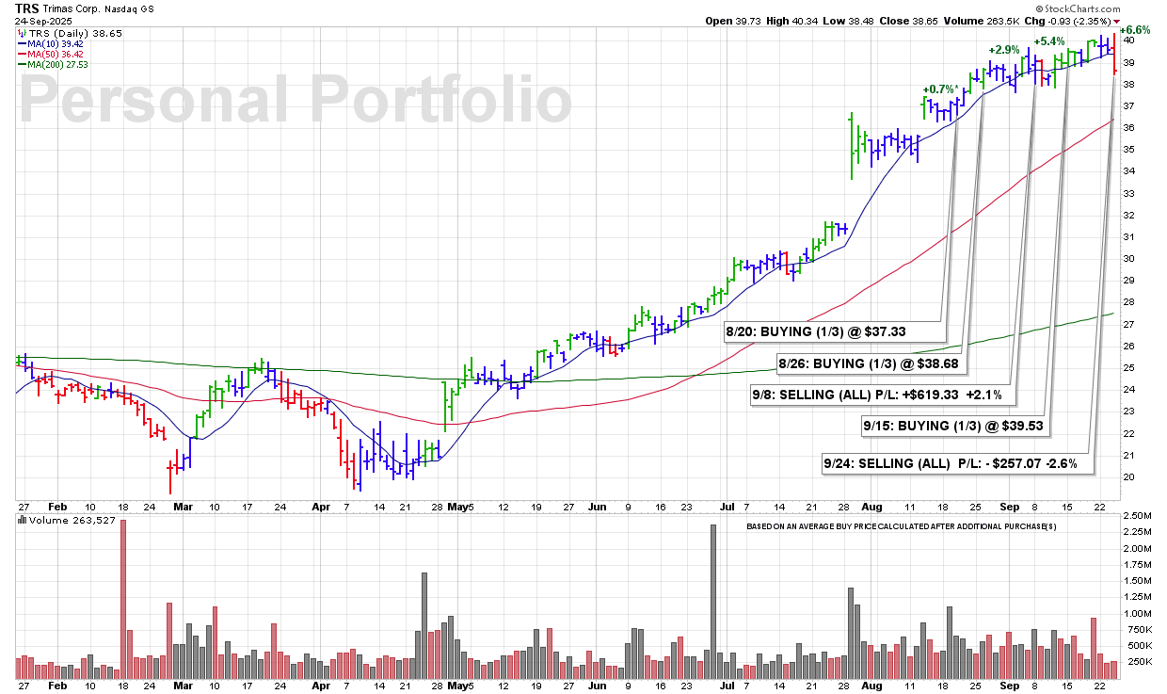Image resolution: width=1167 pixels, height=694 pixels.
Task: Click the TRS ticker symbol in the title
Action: [x=27, y=8]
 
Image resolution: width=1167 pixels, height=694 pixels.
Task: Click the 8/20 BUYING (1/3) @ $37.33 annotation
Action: [x=834, y=331]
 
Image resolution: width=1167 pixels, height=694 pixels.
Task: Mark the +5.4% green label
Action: [x=1049, y=41]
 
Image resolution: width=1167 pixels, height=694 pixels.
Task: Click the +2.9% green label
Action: [x=1003, y=49]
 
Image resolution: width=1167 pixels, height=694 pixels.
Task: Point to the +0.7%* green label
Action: [x=940, y=89]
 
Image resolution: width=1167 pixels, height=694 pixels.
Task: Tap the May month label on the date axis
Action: [x=457, y=506]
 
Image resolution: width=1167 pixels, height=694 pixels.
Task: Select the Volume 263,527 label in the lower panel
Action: [x=61, y=520]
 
